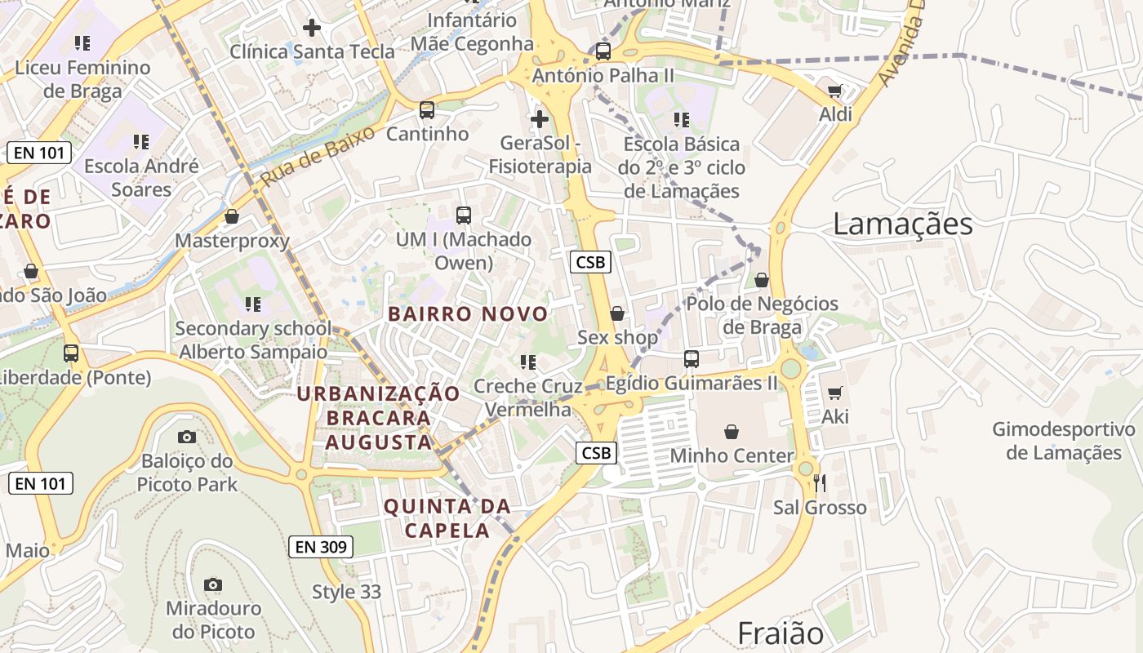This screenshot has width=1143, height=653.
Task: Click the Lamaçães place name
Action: (x=902, y=224)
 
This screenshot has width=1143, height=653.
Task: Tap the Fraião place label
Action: (x=781, y=633)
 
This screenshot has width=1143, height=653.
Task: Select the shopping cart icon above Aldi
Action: (x=834, y=91)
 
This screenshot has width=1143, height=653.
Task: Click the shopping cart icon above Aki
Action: (x=834, y=393)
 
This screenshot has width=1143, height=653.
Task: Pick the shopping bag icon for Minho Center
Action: (x=732, y=432)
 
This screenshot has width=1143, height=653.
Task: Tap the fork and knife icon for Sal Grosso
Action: (x=820, y=483)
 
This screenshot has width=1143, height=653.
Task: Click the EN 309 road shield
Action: (x=321, y=547)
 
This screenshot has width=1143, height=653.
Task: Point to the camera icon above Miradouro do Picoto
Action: (x=213, y=584)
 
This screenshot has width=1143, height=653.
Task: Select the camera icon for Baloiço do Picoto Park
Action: (x=187, y=438)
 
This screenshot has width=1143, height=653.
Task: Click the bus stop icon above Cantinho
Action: (x=426, y=110)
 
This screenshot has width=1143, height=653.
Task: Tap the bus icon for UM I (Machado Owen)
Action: (x=464, y=215)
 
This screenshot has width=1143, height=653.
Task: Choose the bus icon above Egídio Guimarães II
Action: (x=692, y=358)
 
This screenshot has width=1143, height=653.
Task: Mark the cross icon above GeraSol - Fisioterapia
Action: (x=539, y=120)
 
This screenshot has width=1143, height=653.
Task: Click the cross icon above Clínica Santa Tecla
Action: (x=311, y=28)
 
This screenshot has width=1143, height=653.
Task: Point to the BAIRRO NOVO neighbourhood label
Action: (x=468, y=314)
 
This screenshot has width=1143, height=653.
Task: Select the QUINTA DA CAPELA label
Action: (x=447, y=518)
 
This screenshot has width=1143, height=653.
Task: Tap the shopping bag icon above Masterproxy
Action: (x=232, y=216)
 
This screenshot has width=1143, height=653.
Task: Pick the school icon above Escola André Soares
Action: (x=141, y=142)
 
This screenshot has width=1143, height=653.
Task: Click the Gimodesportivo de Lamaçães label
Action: (x=1064, y=441)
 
